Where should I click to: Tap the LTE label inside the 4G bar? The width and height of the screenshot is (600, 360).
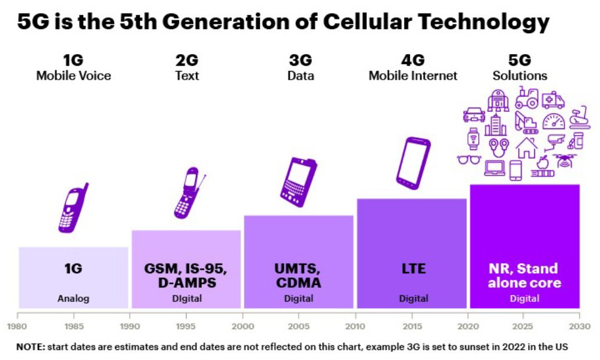[413, 269]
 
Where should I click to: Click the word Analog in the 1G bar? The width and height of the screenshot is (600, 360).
[73, 299]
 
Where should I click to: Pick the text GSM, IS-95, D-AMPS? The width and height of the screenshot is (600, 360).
[185, 276]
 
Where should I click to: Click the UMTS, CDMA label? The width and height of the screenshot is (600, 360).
[298, 276]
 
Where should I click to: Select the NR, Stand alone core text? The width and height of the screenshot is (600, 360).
[524, 276]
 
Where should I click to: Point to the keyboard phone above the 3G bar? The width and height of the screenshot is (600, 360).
[299, 181]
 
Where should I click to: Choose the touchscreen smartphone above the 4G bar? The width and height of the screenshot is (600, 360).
[413, 163]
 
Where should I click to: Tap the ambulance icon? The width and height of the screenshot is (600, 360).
[553, 101]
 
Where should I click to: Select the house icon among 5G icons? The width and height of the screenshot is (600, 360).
[526, 147]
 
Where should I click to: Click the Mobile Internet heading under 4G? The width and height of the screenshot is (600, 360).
[413, 76]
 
